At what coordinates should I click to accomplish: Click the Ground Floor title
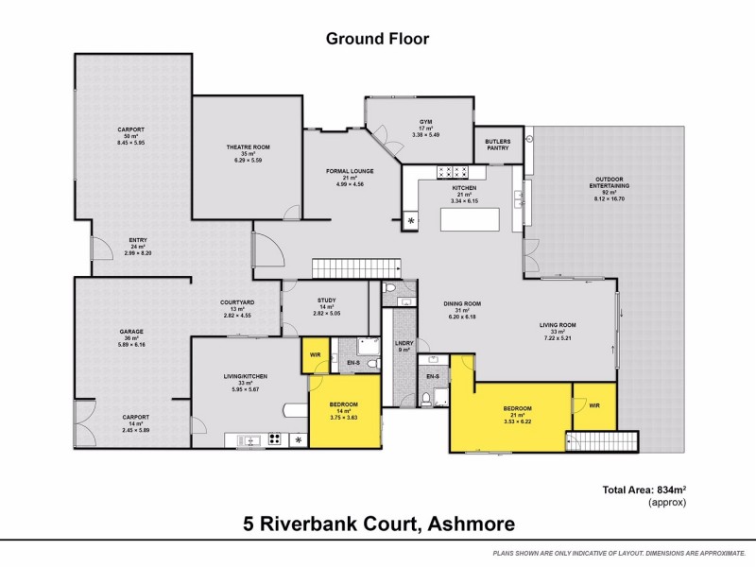[377, 39]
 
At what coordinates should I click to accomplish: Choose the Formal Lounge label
[351, 172]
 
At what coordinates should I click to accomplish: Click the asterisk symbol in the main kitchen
[411, 221]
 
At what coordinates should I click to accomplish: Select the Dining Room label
[463, 304]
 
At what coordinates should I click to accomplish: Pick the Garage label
[130, 333]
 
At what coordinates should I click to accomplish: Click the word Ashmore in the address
[470, 523]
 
